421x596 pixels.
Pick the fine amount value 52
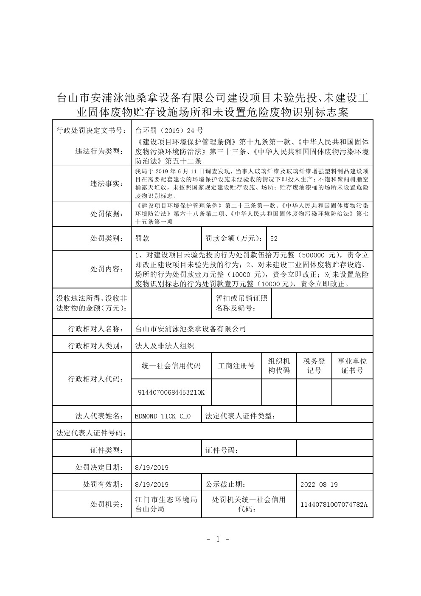coord(274,238)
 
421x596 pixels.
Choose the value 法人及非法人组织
coord(164,345)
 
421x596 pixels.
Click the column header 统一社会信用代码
coord(171,366)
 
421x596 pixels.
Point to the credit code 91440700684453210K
coord(171,392)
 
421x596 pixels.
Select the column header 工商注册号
coord(236,366)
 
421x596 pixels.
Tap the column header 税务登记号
coord(314,366)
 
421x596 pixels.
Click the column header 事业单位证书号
coord(352,366)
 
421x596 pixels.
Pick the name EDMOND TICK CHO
coord(163,416)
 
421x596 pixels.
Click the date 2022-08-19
coord(319,484)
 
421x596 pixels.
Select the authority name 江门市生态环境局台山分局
coord(166,504)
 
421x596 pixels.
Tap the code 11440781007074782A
coord(334,504)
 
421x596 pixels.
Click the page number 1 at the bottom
coord(218,539)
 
